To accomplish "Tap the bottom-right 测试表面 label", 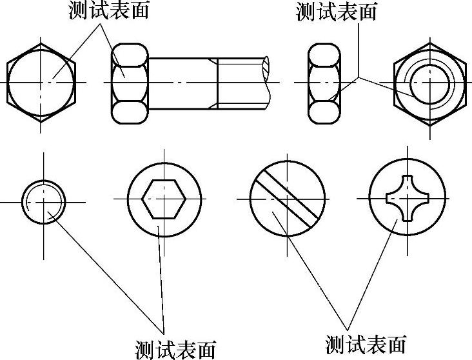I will pyautogui.click(x=366, y=344).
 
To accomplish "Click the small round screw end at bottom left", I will pyautogui.click(x=44, y=201).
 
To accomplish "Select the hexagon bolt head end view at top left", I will pyautogui.click(x=41, y=82).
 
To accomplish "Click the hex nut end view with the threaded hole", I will pyautogui.click(x=429, y=83).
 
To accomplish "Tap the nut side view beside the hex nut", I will pyautogui.click(x=326, y=83).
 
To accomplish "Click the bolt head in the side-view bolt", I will pyautogui.click(x=130, y=83).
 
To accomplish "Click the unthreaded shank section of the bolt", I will pyautogui.click(x=182, y=83).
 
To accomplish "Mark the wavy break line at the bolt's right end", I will pyautogui.click(x=266, y=83).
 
